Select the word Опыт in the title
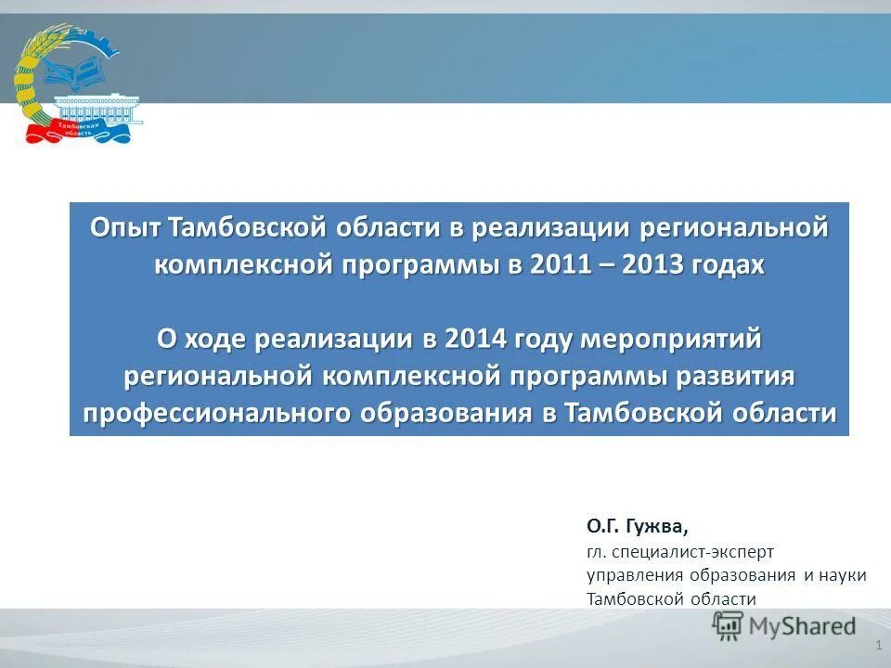point(125,228)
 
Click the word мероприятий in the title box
point(670,340)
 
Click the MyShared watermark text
point(804,626)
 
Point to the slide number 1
point(878,644)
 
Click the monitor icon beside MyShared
point(730,626)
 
